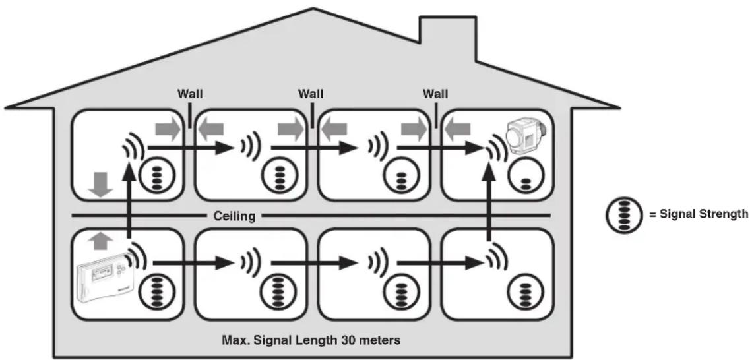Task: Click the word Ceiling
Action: tap(234, 216)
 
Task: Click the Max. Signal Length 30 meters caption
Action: tap(311, 341)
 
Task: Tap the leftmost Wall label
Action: tap(190, 94)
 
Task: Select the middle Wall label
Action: tap(310, 94)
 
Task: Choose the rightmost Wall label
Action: tap(435, 94)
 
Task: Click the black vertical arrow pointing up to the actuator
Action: tap(489, 200)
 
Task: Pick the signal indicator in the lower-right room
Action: tap(525, 292)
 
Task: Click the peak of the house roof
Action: tap(313, 8)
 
